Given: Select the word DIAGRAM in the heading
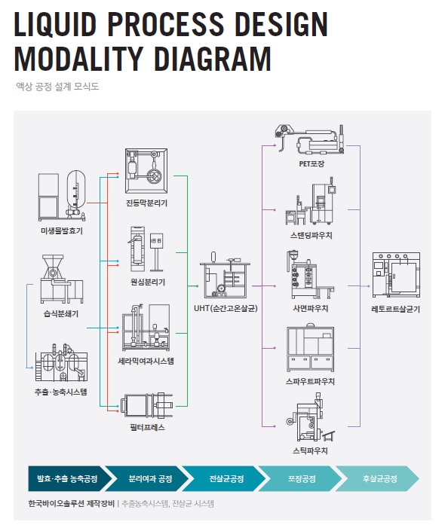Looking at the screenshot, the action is coord(213,58).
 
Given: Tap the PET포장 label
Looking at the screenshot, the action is coord(311,164).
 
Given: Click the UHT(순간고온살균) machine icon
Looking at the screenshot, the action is coord(226,275).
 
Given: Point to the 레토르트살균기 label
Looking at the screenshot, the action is coord(395,309).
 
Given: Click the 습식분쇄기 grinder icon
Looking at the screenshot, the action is coord(62,279).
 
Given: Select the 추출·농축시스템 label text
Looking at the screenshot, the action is coord(60,392).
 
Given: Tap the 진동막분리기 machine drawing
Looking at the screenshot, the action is coord(146,171).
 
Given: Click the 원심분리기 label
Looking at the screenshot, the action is coord(148,282).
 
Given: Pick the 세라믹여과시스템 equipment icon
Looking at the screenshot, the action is coord(146,328).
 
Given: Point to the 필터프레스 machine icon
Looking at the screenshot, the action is coord(147,405).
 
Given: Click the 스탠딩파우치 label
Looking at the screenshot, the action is coord(311,235).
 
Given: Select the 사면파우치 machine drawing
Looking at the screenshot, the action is coord(311,275).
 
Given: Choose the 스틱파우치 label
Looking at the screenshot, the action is coord(310,450).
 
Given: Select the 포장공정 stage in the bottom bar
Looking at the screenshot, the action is coord(301,478).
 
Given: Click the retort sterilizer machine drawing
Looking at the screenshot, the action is coord(396,275).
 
